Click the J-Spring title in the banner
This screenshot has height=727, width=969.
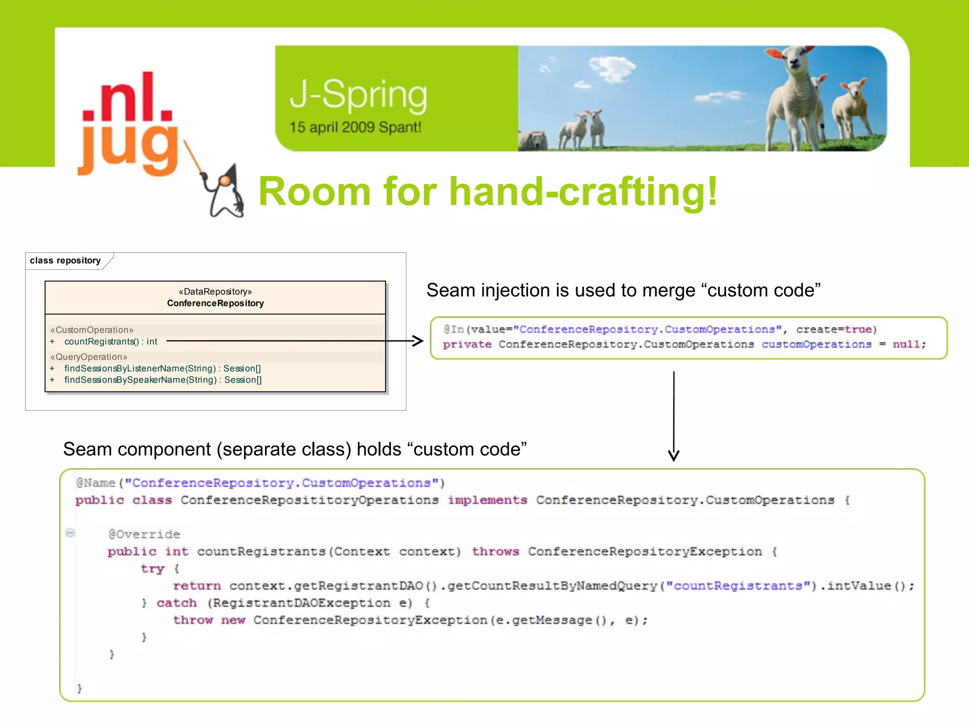coord(358,96)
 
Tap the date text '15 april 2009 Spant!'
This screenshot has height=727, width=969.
coord(355,127)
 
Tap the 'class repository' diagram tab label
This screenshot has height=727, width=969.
coord(65,260)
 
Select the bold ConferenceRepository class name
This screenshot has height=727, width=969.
coord(215,303)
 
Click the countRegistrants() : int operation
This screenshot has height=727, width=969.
coord(111,342)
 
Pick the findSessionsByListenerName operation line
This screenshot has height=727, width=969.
coord(162,368)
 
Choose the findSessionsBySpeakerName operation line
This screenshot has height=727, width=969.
coord(163,380)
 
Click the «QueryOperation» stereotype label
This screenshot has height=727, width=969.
coord(89,357)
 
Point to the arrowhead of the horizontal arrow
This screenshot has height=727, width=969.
coord(418,341)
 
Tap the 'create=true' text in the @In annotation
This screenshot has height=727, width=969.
coord(836,329)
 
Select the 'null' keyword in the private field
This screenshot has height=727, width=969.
coord(906,345)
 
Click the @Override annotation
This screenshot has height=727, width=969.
coord(144,534)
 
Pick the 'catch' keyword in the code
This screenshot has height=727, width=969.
coord(176,603)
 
